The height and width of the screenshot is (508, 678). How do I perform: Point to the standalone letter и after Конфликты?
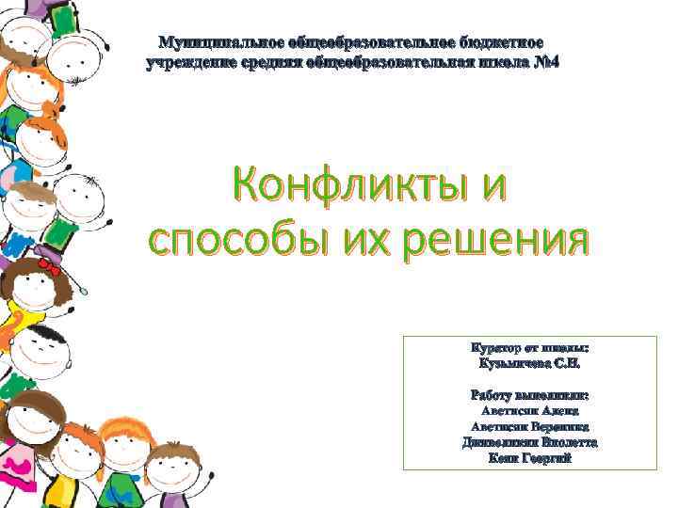tap(488, 183)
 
